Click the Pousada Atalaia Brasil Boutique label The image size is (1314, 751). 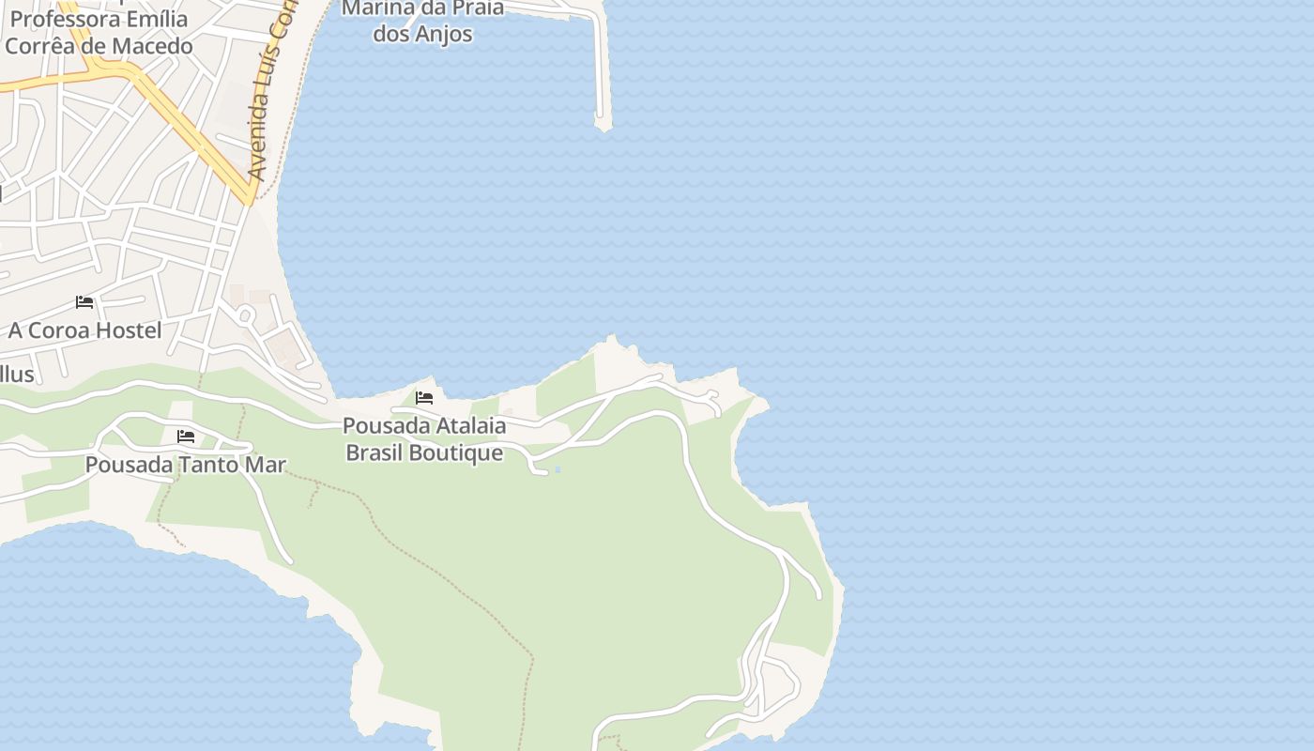coord(424,439)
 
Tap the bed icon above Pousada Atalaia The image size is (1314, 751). coord(424,398)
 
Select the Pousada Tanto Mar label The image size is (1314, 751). coord(185,465)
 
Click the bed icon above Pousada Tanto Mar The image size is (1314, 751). coord(186,437)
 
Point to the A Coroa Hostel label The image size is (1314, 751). coord(84,330)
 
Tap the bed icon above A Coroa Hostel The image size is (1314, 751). coord(84,302)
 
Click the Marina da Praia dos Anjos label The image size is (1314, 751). coord(422,21)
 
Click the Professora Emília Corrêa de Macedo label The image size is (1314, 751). coord(99,32)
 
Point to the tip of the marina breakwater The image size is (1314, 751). coord(602,122)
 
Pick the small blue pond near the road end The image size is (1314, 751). coord(558,469)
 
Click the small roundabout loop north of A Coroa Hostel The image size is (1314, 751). coord(246,314)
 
